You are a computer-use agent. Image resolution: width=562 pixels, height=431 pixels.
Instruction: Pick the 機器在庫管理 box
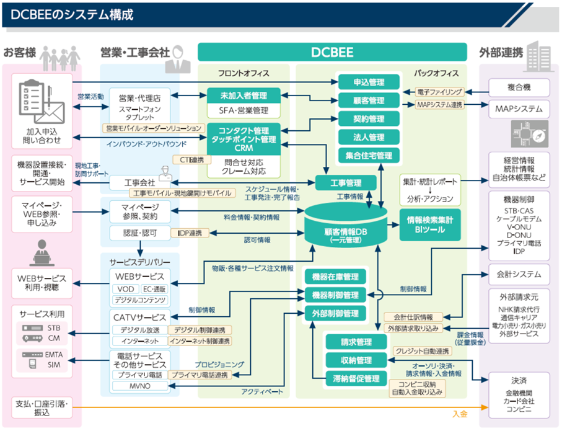pyautogui.click(x=335, y=277)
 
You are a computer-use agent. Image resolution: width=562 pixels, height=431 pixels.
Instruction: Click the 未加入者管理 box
pyautogui.click(x=243, y=96)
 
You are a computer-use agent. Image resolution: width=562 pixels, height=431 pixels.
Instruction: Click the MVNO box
pyautogui.click(x=140, y=386)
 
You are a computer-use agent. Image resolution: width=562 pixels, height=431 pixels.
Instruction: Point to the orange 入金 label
pyautogui.click(x=459, y=412)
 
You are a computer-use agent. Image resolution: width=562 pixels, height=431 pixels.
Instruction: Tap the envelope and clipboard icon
pyautogui.click(x=42, y=102)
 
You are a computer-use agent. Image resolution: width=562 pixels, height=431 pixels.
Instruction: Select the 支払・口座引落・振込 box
pyautogui.click(x=42, y=408)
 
